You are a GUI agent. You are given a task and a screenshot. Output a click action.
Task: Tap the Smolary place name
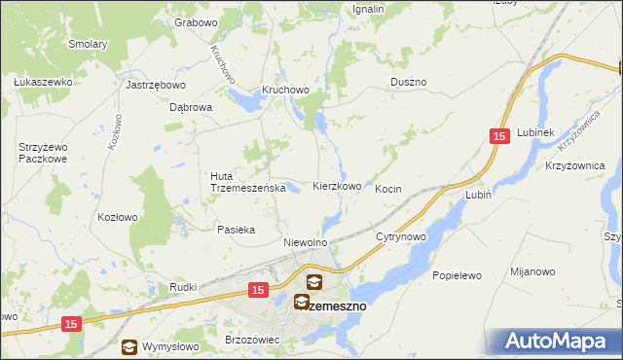coord(88,44)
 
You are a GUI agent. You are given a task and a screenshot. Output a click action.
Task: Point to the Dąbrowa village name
coord(191,108)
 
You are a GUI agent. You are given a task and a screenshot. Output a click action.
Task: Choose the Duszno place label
coord(409,83)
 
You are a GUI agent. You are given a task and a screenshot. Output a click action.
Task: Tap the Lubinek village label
coord(535,132)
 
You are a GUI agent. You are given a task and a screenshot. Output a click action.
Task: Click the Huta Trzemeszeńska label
coord(247,182)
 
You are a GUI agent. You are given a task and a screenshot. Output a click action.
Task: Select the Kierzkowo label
coord(337,186)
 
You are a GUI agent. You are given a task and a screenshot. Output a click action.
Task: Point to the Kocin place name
coord(388,189)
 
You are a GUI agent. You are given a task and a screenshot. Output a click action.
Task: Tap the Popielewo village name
coord(458,275)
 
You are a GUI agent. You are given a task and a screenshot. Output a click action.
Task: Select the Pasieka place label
coord(236,231)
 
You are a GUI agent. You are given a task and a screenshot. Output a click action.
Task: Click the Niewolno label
coord(304,242)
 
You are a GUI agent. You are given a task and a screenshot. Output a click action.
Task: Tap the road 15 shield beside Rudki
coord(258,290)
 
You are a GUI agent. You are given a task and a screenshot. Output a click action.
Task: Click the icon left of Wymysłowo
coord(129,346)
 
